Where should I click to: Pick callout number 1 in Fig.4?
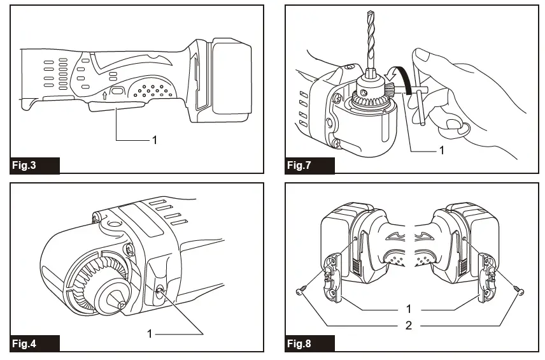coord(150,333)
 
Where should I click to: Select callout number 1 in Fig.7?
coord(441,151)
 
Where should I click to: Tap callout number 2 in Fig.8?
coord(408,326)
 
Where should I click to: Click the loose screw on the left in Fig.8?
coord(301,292)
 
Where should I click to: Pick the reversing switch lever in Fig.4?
coord(157,291)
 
